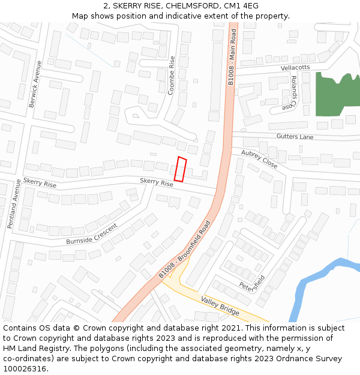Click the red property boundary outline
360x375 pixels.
[x=180, y=169]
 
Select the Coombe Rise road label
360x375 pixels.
[x=172, y=76]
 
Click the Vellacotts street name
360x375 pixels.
[x=295, y=68]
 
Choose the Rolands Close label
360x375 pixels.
[x=293, y=92]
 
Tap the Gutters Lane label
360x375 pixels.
[x=295, y=137]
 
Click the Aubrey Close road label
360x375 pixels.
[x=259, y=159]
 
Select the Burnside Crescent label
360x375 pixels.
[x=92, y=235]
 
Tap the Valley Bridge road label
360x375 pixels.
[x=220, y=306]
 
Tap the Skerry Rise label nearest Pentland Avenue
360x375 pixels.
[x=40, y=182]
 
